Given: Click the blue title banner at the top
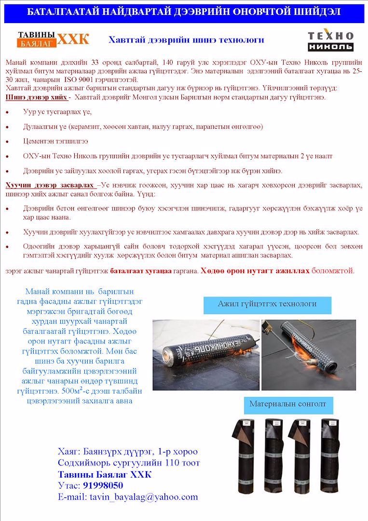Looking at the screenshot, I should tap(184, 12).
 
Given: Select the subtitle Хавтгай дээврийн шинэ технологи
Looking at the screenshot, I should tap(186, 40).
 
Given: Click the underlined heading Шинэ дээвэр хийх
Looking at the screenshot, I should tap(36, 97).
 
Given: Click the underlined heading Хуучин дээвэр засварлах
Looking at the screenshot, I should tap(50, 185).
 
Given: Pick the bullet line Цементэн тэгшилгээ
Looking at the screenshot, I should tap(55, 141).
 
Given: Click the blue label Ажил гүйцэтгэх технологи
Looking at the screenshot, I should tap(267, 304).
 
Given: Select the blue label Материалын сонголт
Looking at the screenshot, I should tap(287, 404).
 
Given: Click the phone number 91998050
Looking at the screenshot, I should tap(103, 485).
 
